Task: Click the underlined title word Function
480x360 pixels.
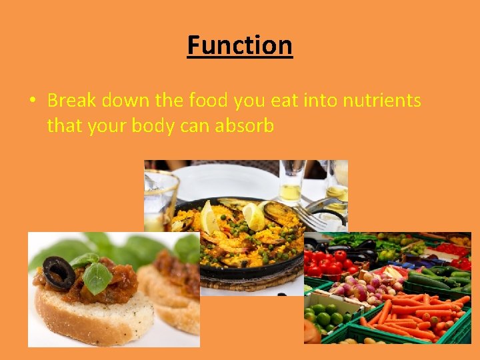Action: [240, 45]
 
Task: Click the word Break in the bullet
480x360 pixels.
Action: [72, 101]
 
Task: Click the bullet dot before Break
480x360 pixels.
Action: [33, 101]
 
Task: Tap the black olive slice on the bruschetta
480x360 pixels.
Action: [58, 272]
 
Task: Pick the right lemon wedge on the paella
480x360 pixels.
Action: [254, 215]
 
